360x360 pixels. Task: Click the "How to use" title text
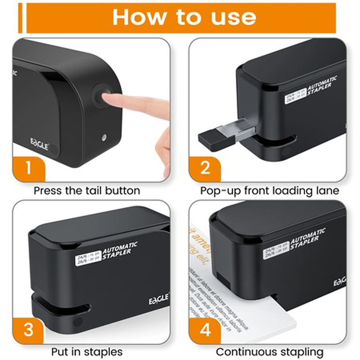(184, 17)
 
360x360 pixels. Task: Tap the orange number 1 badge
(28, 168)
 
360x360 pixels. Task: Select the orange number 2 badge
(205, 168)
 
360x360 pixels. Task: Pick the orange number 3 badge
(28, 329)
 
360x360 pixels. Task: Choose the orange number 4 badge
(205, 329)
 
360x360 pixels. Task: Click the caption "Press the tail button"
(87, 190)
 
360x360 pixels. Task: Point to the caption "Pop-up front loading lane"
(270, 190)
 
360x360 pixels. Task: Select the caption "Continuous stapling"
(270, 351)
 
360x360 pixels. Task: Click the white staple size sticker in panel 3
(85, 257)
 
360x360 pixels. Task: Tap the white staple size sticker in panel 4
(275, 252)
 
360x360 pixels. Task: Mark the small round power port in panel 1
(104, 137)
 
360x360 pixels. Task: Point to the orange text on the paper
(198, 238)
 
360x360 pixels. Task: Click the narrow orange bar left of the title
(20, 18)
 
